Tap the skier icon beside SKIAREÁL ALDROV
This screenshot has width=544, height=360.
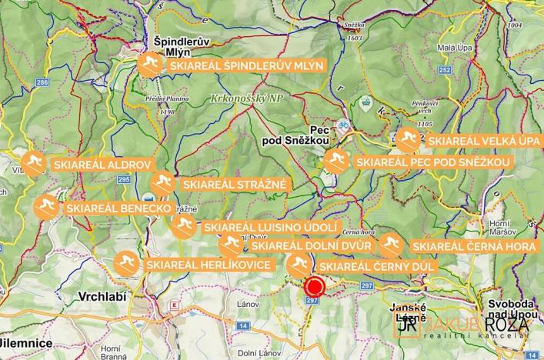click(x=32, y=164)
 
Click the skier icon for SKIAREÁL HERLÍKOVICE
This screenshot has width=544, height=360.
click(x=126, y=264)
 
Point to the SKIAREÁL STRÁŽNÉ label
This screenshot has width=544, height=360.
click(x=234, y=185)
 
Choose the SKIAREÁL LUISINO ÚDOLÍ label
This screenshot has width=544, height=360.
click(x=271, y=228)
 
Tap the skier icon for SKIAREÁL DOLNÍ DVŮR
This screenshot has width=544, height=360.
click(x=230, y=245)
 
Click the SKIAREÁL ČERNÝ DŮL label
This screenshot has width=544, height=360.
click(x=378, y=266)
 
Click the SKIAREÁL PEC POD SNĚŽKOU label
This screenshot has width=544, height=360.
click(x=433, y=163)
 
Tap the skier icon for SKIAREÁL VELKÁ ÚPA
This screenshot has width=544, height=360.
click(x=409, y=141)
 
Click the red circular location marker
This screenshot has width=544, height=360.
click(x=314, y=288)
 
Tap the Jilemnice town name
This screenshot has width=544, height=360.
click(x=25, y=342)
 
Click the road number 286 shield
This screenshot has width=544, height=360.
click(x=42, y=82)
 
